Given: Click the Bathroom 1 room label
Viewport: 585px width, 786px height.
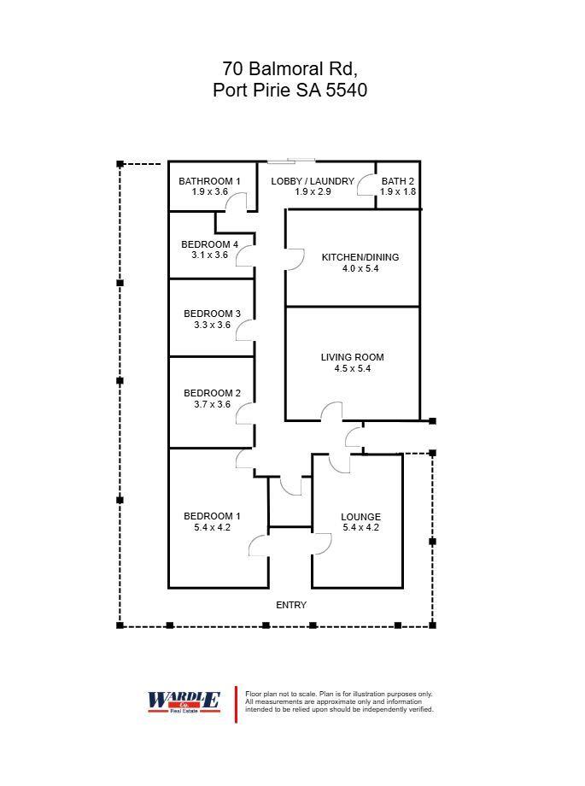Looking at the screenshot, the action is click(209, 181).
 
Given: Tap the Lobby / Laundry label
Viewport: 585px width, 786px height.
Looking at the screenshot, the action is click(313, 181).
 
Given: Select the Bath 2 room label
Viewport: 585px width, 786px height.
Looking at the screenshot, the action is click(397, 181).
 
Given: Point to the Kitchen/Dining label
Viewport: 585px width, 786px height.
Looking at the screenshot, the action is click(360, 257).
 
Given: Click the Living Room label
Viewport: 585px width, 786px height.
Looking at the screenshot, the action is click(353, 357).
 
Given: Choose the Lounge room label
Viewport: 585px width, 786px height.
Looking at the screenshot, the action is click(360, 517).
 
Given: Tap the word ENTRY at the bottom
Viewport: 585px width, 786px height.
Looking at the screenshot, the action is click(290, 605).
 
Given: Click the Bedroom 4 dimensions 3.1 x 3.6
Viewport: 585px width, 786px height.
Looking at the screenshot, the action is click(209, 255).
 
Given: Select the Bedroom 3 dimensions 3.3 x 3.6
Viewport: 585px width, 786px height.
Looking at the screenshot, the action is click(212, 325).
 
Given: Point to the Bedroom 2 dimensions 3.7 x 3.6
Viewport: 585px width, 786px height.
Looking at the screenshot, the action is click(212, 404).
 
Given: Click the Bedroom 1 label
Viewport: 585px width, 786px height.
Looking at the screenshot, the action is click(212, 516).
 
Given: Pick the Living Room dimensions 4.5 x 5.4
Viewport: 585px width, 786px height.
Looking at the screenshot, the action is click(353, 368).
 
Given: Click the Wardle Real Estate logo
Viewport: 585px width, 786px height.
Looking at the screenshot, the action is click(184, 701).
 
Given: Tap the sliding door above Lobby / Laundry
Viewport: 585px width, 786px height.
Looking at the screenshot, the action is click(291, 161).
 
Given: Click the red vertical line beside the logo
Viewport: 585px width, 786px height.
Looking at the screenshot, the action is click(236, 705).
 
